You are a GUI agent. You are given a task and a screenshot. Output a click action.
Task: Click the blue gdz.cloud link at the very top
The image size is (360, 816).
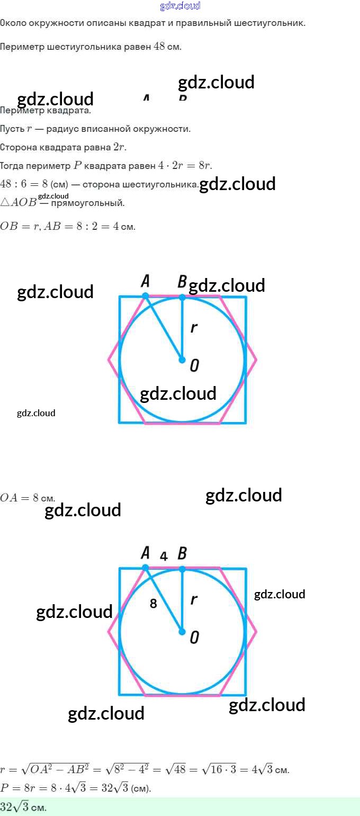point(180,6)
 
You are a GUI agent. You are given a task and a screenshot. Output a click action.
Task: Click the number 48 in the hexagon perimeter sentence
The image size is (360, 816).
point(159,47)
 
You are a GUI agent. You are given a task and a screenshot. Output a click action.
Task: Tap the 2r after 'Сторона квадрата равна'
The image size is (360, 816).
point(120,147)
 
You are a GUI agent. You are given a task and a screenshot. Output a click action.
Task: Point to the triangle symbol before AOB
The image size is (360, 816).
point(5,202)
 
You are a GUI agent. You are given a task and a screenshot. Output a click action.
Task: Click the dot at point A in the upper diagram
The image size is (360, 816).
point(146,295)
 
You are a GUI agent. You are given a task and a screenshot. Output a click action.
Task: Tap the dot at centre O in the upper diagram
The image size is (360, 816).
point(182,360)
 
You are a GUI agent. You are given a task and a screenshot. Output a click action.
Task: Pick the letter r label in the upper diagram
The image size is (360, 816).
point(194,328)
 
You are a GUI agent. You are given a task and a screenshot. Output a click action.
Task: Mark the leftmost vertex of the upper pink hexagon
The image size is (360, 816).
point(109,360)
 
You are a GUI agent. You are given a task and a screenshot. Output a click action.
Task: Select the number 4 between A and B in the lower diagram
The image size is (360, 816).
point(164,556)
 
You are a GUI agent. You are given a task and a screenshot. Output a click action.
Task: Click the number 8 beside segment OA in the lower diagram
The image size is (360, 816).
point(154,603)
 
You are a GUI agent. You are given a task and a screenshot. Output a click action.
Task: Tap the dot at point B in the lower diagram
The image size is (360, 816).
point(182,569)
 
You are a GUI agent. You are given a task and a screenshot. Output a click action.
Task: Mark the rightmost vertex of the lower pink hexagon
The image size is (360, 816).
point(256,632)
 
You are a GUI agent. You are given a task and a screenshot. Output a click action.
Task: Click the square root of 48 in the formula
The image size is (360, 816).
point(177,769)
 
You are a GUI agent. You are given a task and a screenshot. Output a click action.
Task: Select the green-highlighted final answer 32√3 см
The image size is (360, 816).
point(23,808)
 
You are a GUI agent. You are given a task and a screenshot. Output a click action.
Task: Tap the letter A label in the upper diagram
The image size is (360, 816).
point(145,282)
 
